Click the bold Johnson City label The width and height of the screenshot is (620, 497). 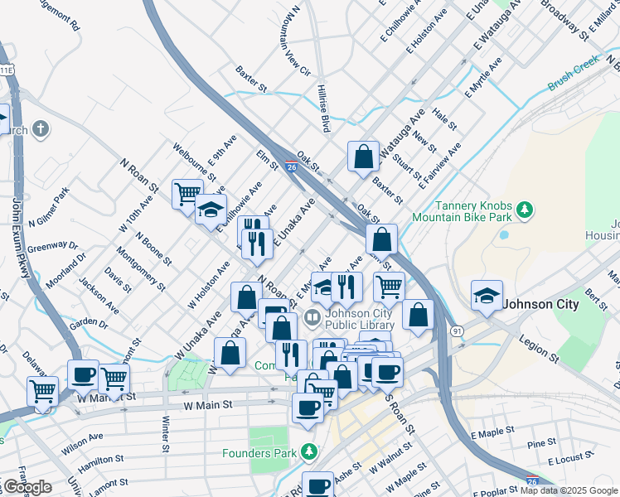(542, 304)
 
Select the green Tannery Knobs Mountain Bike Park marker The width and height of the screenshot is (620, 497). (523, 210)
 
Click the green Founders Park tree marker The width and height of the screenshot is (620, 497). (309, 452)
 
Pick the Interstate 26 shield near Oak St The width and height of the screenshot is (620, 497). (291, 166)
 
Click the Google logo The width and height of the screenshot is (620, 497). (27, 487)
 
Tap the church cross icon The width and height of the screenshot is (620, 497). (41, 128)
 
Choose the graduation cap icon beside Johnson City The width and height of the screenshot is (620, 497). (487, 295)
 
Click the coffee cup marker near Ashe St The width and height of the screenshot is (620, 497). (317, 485)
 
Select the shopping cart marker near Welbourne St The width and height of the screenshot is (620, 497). (186, 193)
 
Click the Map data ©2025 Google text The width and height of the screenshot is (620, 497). (569, 490)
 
